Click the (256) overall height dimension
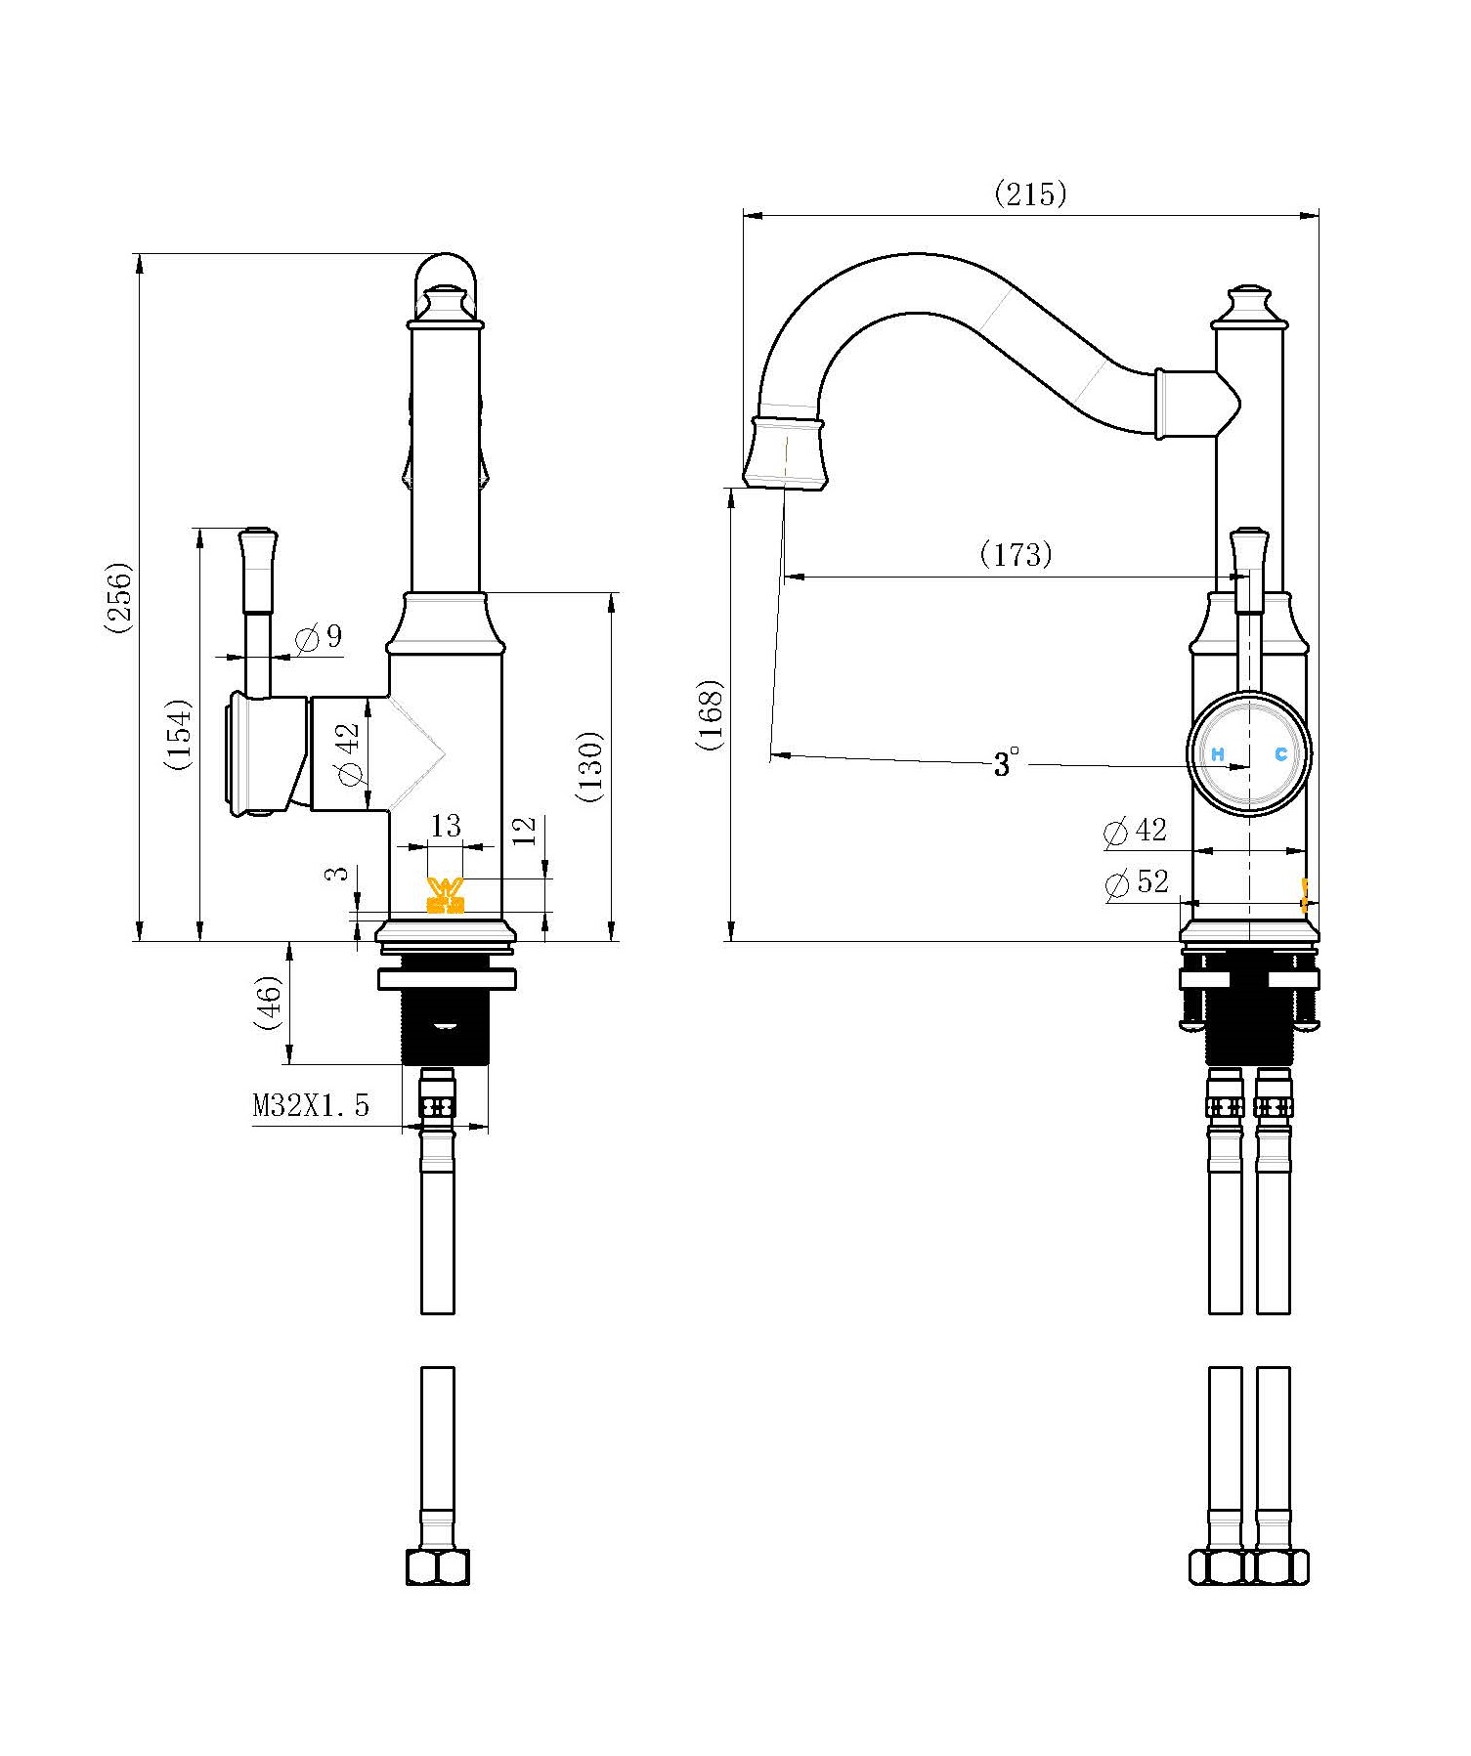click(x=118, y=597)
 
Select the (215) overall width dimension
click(x=1030, y=193)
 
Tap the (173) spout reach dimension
click(x=1016, y=555)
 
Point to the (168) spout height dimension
click(x=711, y=714)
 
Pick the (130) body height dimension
click(x=590, y=766)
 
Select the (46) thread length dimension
click(x=267, y=1003)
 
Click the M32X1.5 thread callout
click(x=311, y=1105)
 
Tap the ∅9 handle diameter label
click(x=319, y=637)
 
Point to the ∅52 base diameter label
click(x=1136, y=882)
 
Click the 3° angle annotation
click(x=1006, y=762)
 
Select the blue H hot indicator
click(x=1218, y=754)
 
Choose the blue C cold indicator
click(x=1280, y=753)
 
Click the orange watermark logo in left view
click(x=446, y=895)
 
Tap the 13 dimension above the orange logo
click(x=446, y=826)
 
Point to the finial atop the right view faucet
click(x=1247, y=307)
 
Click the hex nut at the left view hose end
click(x=438, y=1567)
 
